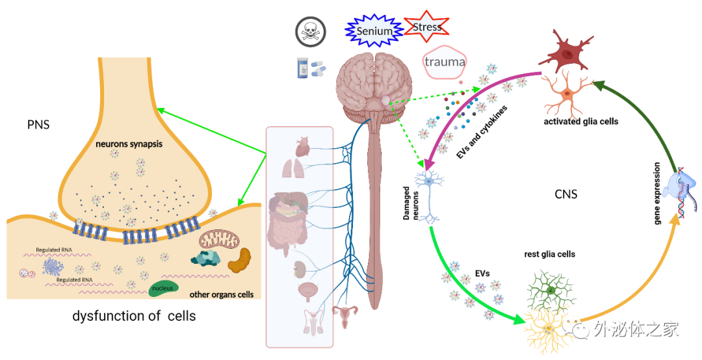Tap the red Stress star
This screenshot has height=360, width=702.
coord(426,27)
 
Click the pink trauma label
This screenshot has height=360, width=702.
coord(445,62)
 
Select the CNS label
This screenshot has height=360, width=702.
coord(565,194)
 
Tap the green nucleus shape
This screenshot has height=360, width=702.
coord(163,287)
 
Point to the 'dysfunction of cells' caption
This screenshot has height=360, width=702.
coord(134,316)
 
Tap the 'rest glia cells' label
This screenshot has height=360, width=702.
coord(549,254)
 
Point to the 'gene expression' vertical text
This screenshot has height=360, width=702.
coord(657,193)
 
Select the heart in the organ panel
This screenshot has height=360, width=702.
coord(304,146)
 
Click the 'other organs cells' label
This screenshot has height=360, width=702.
coord(221,294)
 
